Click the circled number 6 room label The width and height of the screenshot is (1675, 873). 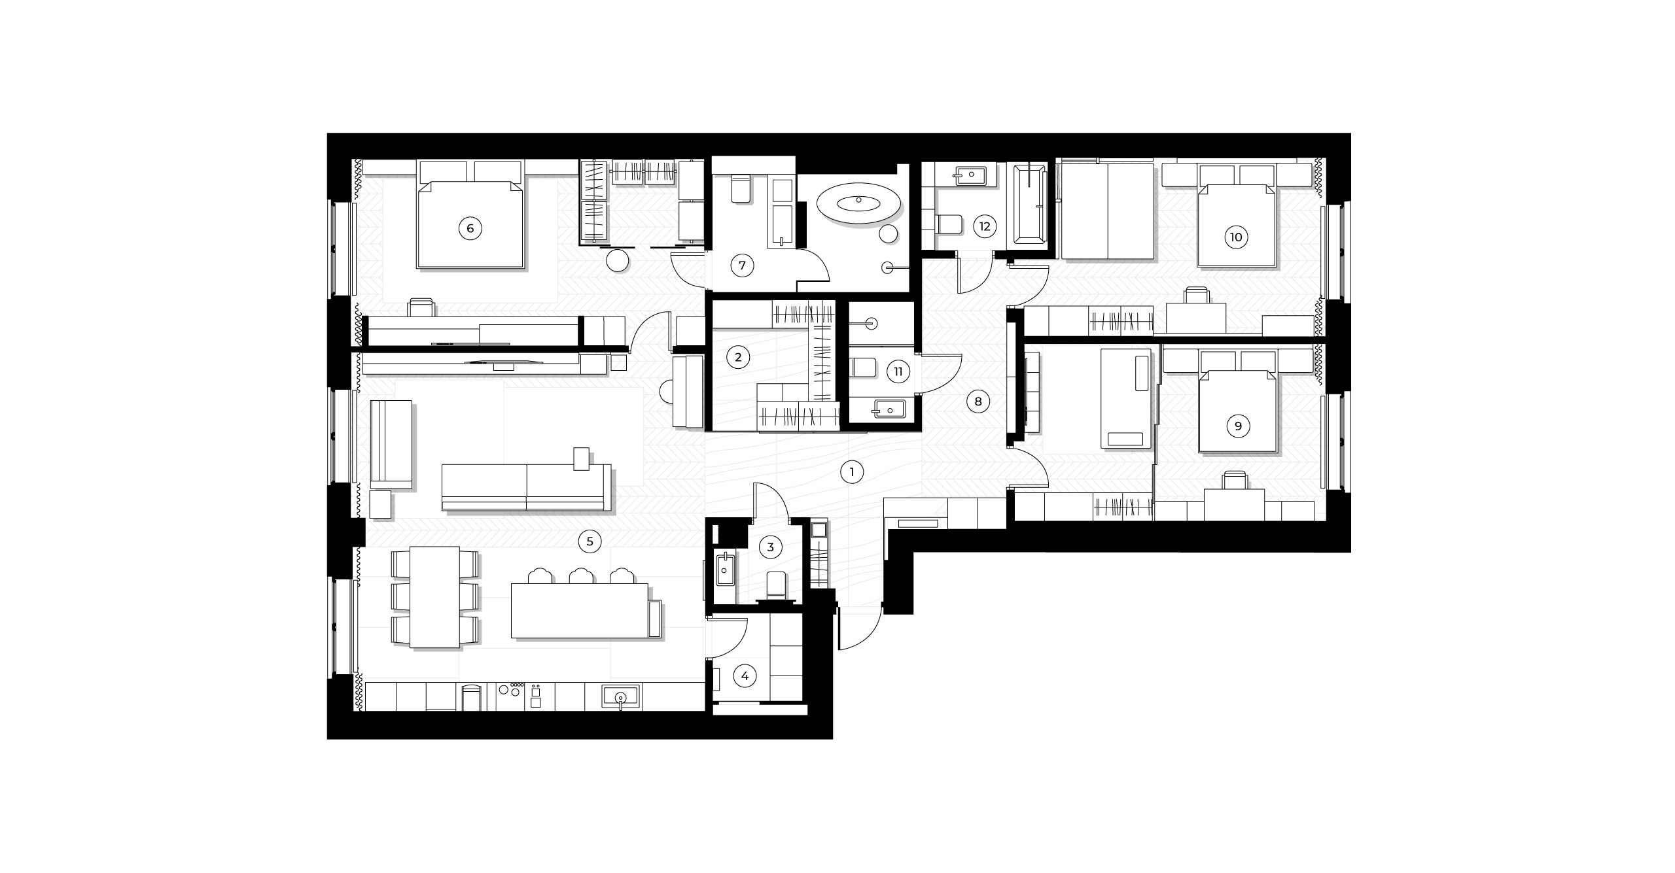[470, 229]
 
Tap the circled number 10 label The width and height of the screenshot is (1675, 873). [1236, 237]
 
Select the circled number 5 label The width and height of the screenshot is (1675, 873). [590, 541]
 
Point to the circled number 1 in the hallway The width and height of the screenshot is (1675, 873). [851, 472]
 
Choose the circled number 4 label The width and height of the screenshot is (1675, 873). [744, 677]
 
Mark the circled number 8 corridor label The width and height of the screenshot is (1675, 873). [978, 402]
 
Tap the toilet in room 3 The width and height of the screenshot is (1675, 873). [775, 585]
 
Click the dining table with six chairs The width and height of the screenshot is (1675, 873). [434, 597]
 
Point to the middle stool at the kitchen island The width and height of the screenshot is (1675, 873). [582, 576]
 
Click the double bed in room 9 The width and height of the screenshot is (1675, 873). [1237, 411]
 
